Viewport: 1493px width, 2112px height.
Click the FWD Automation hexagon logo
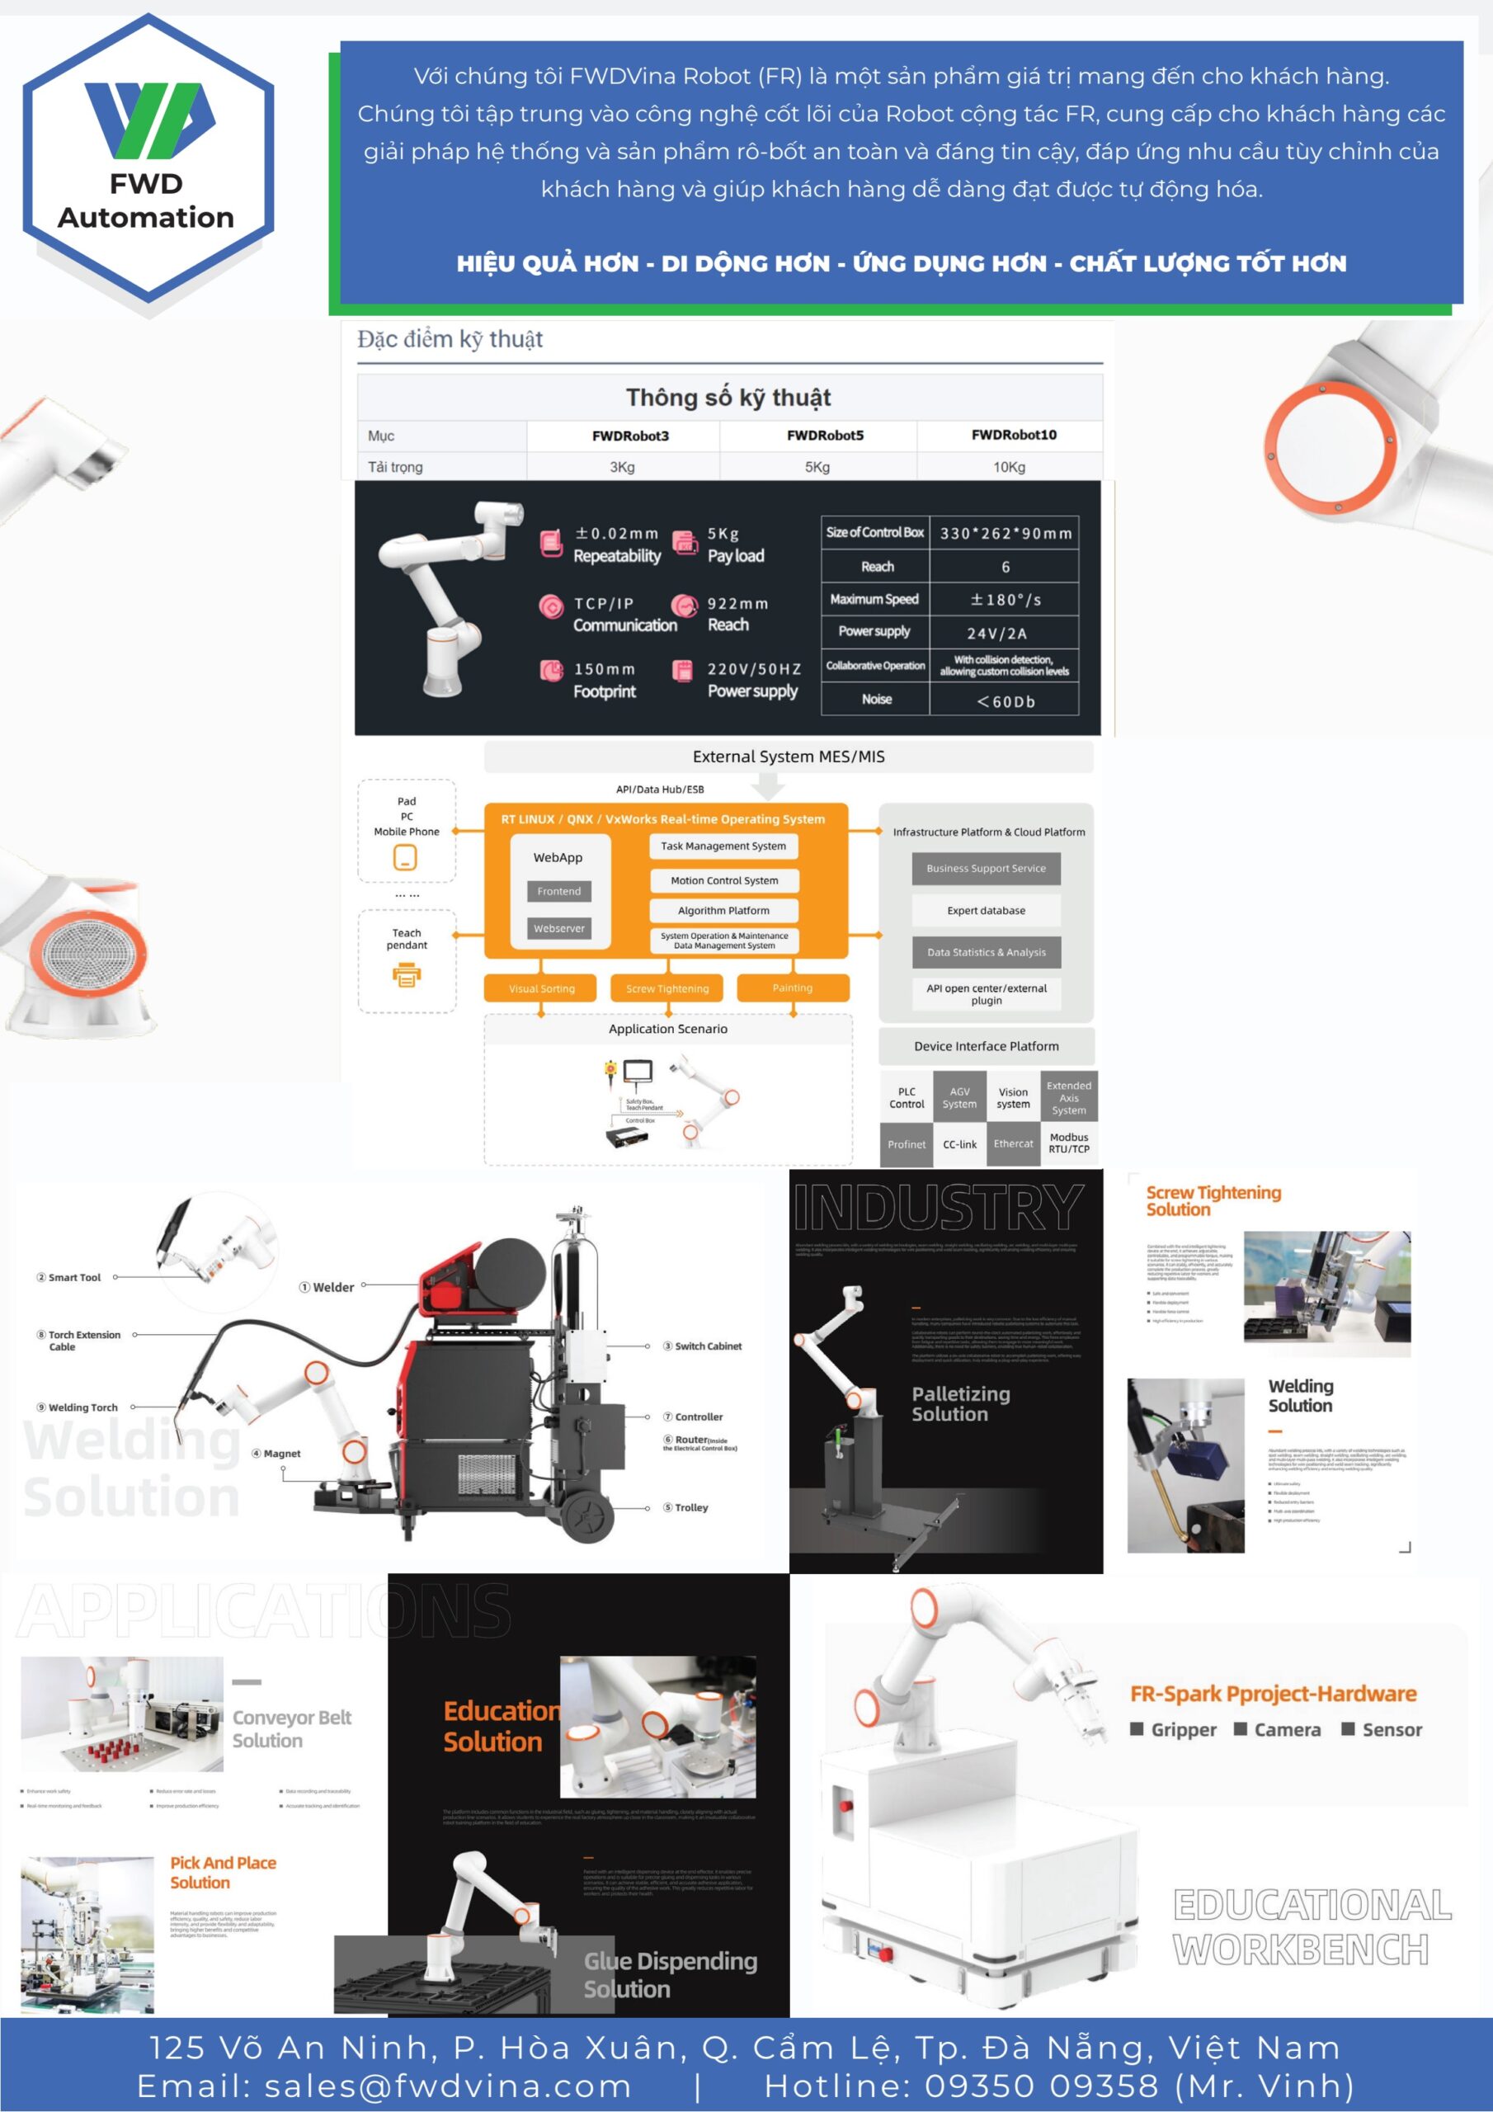tap(147, 161)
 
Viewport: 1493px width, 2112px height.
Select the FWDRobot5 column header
tap(824, 435)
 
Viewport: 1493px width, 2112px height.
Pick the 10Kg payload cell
tap(1008, 466)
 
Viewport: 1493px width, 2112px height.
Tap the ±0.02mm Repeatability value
tap(616, 534)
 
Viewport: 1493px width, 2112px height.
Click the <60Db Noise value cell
tap(1005, 701)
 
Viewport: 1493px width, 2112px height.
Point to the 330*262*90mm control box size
tap(1005, 534)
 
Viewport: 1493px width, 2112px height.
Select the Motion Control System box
tap(724, 880)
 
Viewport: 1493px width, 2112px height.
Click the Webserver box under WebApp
tap(558, 928)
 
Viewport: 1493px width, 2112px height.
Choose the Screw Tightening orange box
tap(667, 988)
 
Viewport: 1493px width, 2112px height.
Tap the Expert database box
tap(987, 910)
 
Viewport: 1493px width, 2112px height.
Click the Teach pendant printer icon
tap(407, 975)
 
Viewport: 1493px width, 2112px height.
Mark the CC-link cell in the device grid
tap(959, 1144)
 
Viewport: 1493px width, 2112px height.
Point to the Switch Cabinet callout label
tap(708, 1346)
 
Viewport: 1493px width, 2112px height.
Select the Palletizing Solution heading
tap(960, 1403)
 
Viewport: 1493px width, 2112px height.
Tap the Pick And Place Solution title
tap(223, 1872)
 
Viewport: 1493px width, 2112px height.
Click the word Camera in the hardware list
tap(1286, 1729)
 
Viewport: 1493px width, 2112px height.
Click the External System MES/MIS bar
tap(789, 757)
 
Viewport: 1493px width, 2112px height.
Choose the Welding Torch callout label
tap(82, 1407)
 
